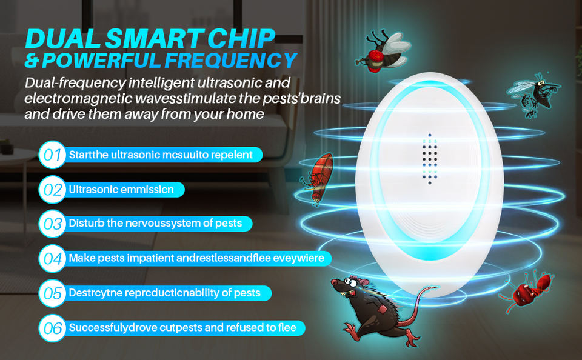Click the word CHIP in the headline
click(241, 38)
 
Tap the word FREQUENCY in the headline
click(231, 60)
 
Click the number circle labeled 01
click(52, 155)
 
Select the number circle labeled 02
click(52, 190)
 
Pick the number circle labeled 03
click(52, 224)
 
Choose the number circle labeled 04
click(52, 258)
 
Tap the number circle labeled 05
click(52, 293)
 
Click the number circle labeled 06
click(52, 328)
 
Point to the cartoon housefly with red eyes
click(383, 52)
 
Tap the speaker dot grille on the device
click(430, 159)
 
